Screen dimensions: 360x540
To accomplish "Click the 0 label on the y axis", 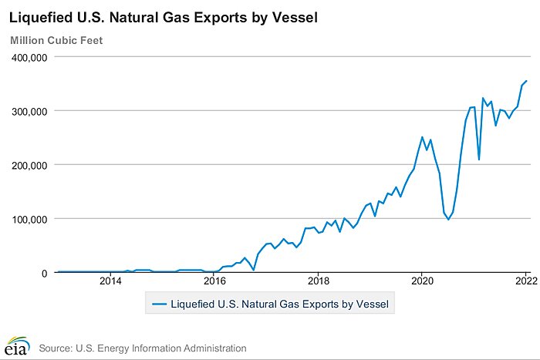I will click(x=44, y=273).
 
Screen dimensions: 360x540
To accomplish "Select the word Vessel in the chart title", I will click(x=296, y=16).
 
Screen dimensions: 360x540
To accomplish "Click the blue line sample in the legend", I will click(x=159, y=304).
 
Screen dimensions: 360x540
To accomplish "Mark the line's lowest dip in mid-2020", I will click(x=448, y=220).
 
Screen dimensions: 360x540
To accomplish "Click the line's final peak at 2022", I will click(x=526, y=81).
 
